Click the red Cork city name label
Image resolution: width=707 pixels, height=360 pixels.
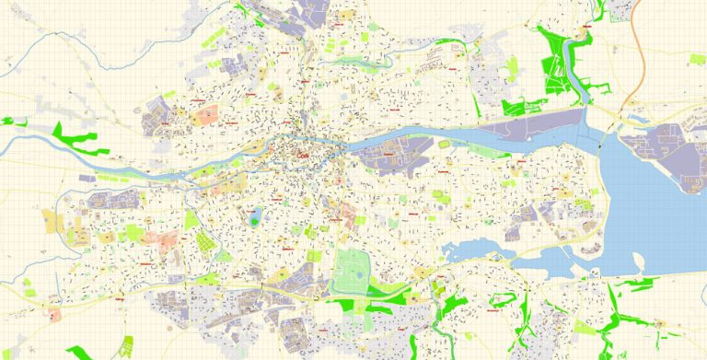(x=306, y=157)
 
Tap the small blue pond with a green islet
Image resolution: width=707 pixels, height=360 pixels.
(x=255, y=219)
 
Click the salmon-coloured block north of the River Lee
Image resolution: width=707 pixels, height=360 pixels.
(x=207, y=116)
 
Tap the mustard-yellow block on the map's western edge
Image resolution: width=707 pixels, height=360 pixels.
(x=49, y=221)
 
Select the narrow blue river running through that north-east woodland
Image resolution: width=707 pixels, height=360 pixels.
(x=582, y=74)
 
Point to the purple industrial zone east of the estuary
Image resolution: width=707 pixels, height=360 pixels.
(x=658, y=147)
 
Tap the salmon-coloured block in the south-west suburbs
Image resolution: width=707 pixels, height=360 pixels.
(x=169, y=241)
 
